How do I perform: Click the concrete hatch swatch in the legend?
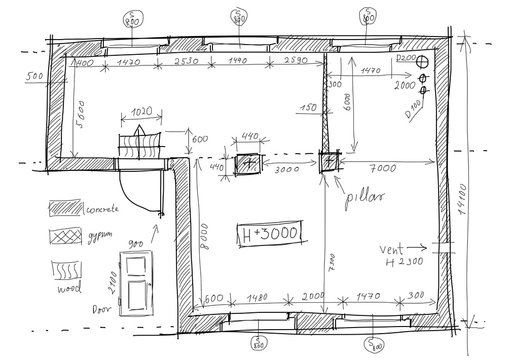(x=67, y=208)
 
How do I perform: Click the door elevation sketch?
(x=133, y=283)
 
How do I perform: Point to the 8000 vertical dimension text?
(x=201, y=238)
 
